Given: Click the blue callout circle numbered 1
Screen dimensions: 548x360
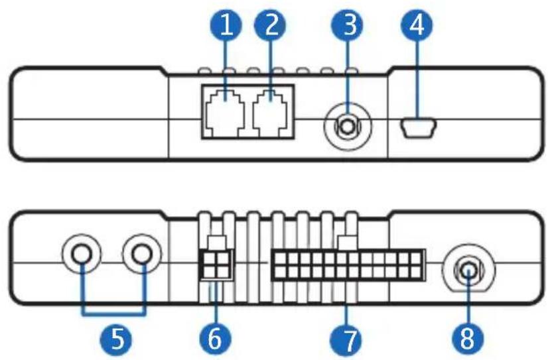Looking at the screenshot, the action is point(226,25).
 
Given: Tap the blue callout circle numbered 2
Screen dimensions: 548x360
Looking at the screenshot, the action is point(270,25).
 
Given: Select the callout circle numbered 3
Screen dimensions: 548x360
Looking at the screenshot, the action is point(347,25).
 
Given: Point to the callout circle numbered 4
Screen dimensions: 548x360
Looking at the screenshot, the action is point(417,25).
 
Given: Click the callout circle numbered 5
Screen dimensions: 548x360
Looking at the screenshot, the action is point(116,339).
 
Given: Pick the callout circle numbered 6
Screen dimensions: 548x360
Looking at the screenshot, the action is point(215,339).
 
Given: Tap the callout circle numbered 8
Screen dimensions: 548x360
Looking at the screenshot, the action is point(468,339).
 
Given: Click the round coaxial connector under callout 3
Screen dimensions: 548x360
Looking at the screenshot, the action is point(347,127).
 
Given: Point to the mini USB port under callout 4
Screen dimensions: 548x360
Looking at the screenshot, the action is point(419,127).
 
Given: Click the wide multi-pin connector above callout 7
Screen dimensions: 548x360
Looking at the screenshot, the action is point(348,265).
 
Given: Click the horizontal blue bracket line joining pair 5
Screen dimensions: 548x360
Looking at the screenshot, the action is point(113,314).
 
